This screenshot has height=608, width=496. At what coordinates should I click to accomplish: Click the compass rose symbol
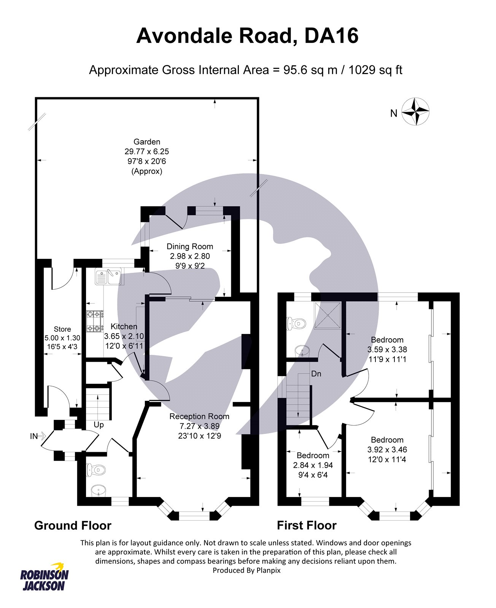tap(415, 111)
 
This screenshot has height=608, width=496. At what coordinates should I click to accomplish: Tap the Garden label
tap(147, 142)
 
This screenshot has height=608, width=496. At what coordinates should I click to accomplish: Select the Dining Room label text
tap(190, 246)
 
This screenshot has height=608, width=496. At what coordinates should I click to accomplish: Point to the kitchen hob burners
tap(95, 321)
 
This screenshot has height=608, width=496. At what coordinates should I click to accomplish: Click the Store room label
tap(62, 329)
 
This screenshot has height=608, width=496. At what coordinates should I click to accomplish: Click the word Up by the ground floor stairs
tap(99, 425)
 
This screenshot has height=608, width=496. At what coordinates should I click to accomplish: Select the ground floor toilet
tap(96, 470)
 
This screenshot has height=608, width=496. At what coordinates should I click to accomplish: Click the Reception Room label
tap(199, 416)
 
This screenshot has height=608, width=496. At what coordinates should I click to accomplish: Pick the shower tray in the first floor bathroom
tap(327, 315)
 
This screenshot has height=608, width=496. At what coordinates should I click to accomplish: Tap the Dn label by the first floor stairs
tap(316, 374)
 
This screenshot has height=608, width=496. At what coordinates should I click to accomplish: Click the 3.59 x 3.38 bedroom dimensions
tap(387, 349)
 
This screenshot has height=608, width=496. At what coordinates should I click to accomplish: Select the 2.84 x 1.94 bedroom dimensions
tap(313, 465)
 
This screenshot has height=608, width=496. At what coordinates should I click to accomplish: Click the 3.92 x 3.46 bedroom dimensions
tap(387, 450)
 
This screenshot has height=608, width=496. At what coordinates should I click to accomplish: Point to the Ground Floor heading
tap(73, 526)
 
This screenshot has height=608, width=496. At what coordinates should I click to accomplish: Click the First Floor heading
tap(307, 526)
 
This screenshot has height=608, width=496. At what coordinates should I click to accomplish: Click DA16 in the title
tap(331, 36)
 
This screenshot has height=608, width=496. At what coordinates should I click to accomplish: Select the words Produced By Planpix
tap(246, 570)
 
